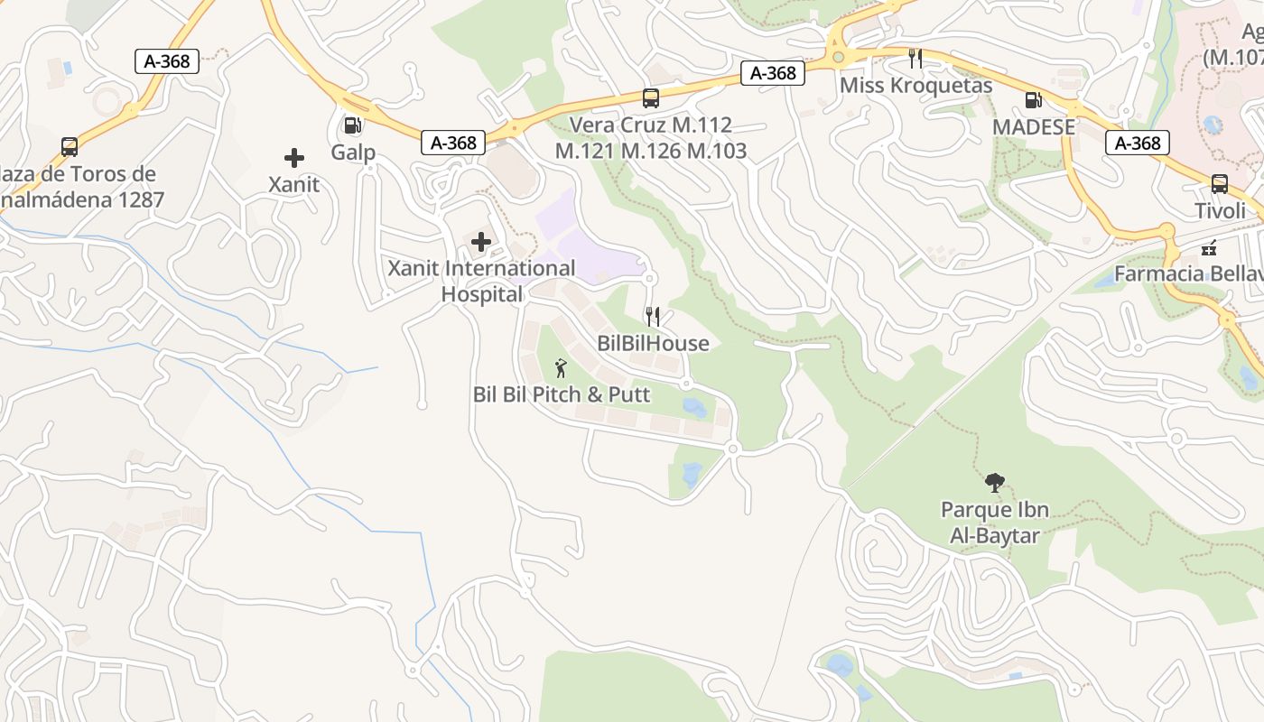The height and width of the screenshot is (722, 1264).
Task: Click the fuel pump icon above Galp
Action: point(353,126)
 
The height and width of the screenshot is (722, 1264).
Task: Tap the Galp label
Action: point(353,152)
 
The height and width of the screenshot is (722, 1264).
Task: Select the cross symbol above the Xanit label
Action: point(294,159)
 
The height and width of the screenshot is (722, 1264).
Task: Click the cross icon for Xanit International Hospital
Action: point(481,242)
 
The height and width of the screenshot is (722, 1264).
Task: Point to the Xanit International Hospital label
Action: point(481,281)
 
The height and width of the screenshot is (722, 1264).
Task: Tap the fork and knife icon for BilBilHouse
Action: point(653,317)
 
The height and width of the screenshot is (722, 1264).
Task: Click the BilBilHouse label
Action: point(653,344)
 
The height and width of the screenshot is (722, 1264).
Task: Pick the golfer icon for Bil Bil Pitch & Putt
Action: point(561,367)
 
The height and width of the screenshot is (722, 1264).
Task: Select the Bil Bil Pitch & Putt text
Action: point(561,394)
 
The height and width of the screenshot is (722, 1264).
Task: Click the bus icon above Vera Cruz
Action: point(650,98)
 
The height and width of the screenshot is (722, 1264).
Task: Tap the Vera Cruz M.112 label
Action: point(650,125)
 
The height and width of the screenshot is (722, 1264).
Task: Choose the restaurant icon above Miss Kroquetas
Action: point(915,59)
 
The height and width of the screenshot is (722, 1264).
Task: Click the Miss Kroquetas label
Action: point(915,86)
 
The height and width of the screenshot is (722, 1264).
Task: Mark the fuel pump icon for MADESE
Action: point(1033,101)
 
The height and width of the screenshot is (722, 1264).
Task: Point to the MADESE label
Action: point(1033,127)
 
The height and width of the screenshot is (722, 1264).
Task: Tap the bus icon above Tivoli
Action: point(1219,184)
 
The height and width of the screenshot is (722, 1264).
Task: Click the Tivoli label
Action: point(1219,210)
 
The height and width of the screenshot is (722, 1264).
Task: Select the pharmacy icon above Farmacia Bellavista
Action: point(1209,247)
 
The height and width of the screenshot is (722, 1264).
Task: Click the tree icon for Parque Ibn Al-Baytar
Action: point(995,483)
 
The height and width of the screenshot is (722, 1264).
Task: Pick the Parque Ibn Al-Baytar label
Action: point(995,523)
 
